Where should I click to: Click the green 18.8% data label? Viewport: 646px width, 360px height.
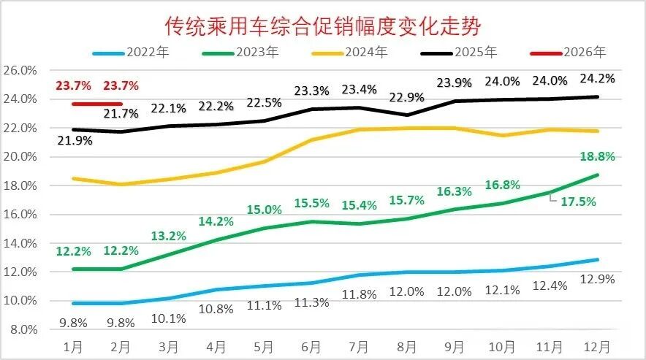click(597, 157)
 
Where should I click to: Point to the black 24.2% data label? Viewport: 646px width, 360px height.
click(597, 78)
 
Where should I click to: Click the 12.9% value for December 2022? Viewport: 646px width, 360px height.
click(597, 278)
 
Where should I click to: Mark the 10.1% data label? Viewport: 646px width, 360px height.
click(168, 318)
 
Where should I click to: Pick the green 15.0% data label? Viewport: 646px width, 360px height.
click(263, 210)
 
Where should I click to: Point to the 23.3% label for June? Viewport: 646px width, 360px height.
click(311, 91)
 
